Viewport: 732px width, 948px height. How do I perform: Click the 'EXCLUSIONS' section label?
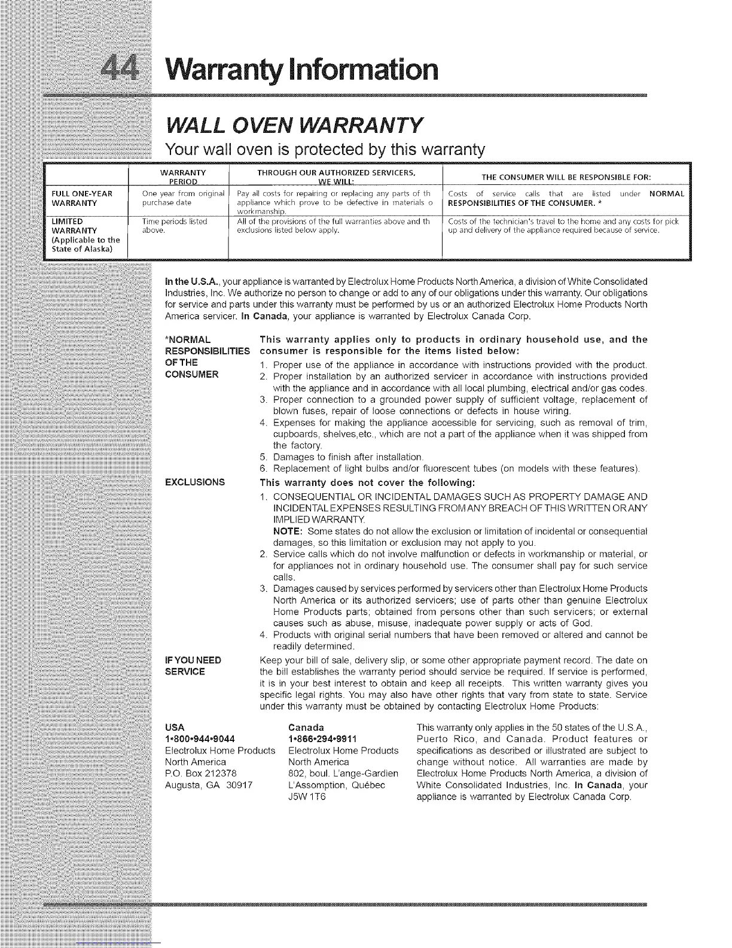[x=195, y=482]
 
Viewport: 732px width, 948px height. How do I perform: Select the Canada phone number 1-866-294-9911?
[x=323, y=739]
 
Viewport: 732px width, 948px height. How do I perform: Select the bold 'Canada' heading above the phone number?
[x=306, y=727]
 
